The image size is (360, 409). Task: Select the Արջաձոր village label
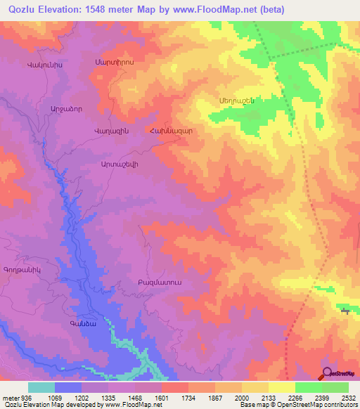point(46,109)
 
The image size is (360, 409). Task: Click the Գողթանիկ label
point(23,268)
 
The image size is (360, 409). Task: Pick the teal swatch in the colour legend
point(41,387)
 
